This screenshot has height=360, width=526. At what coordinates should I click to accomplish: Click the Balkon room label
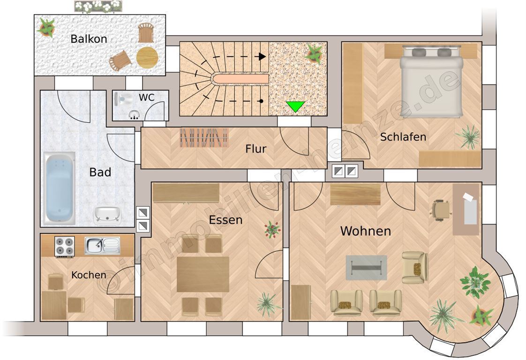pyautogui.click(x=89, y=39)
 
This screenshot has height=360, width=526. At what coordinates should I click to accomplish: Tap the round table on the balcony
pyautogui.click(x=147, y=58)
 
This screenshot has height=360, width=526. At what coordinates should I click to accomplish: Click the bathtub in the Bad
pyautogui.click(x=60, y=187)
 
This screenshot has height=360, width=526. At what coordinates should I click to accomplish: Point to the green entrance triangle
pyautogui.click(x=295, y=106)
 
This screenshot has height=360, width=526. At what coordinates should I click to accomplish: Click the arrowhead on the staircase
pyautogui.click(x=263, y=56)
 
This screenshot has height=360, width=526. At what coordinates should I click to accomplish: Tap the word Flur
pyautogui.click(x=255, y=149)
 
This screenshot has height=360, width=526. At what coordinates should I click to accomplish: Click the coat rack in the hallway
pyautogui.click(x=204, y=137)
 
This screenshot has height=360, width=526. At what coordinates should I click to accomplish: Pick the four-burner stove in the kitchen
pyautogui.click(x=65, y=247)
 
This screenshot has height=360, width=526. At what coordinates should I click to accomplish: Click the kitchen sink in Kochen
pyautogui.click(x=102, y=246)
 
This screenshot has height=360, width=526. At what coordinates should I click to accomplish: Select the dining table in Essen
pyautogui.click(x=203, y=274)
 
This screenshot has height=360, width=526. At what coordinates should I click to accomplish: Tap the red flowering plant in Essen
pyautogui.click(x=272, y=230)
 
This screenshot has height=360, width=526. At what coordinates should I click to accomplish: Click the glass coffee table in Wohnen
pyautogui.click(x=366, y=267)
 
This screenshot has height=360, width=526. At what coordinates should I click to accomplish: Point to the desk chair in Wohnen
pyautogui.click(x=439, y=210)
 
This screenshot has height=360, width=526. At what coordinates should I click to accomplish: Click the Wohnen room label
pyautogui.click(x=365, y=231)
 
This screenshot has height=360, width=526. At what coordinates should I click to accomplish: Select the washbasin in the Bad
pyautogui.click(x=107, y=215)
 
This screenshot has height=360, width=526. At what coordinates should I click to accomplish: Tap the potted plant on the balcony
pyautogui.click(x=46, y=27)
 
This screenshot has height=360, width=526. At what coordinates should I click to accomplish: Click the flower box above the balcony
pyautogui.click(x=98, y=7)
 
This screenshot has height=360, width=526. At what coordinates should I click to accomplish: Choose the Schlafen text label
pyautogui.click(x=403, y=137)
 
